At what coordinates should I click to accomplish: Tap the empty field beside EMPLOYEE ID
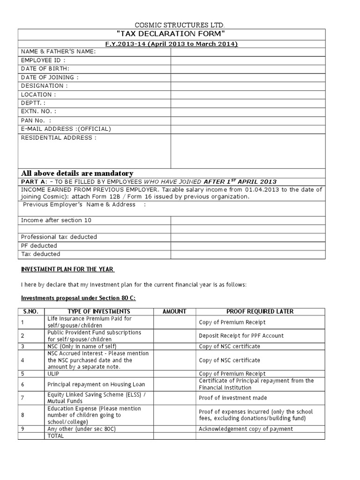point(247,60)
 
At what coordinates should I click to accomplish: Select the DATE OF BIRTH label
point(45,69)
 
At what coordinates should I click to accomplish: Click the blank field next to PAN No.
point(247,120)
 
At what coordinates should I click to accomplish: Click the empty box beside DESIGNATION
point(247,86)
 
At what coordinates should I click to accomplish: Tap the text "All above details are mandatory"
point(77,173)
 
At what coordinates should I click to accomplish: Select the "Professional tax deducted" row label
point(59,237)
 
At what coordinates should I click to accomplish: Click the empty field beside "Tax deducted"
point(247,254)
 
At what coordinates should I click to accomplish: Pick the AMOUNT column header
point(174,311)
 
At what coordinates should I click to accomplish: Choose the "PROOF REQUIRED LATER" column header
point(260,311)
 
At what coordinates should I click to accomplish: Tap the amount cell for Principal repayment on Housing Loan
point(174,384)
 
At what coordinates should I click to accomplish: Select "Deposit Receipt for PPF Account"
point(241,336)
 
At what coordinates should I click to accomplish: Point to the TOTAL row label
point(55,435)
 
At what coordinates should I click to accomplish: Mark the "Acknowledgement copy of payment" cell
point(246,429)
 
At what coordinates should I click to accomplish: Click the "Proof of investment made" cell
point(233,398)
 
